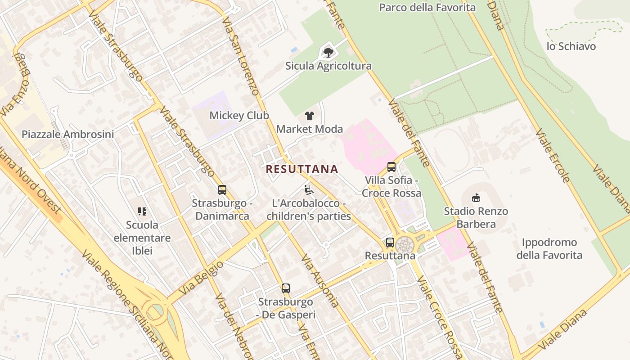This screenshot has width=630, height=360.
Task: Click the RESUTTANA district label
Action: [301, 169]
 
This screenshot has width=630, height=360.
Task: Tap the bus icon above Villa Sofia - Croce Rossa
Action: [391, 167]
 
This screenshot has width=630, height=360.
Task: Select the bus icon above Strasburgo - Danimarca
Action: [222, 190]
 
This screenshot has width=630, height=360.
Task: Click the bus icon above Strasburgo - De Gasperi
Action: [285, 288]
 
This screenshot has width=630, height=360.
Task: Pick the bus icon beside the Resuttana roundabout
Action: [390, 243]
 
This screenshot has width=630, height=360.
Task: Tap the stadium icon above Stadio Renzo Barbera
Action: [476, 198]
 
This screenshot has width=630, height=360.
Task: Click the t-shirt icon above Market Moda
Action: [309, 116]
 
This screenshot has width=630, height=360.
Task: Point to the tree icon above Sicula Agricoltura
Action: [328, 52]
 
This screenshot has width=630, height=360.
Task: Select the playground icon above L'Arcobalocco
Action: [308, 190]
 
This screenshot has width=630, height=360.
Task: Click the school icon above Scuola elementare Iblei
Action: [142, 211]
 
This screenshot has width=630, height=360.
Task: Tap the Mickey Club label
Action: [239, 116]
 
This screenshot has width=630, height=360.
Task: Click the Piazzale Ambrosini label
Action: [68, 134]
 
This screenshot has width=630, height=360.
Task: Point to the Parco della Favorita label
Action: [427, 8]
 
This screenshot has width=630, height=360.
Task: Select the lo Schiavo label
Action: [571, 46]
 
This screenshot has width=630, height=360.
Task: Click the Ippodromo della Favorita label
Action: [549, 249]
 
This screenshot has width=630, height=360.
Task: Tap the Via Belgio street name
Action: [201, 279]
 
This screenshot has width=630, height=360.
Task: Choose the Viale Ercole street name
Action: [553, 156]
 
